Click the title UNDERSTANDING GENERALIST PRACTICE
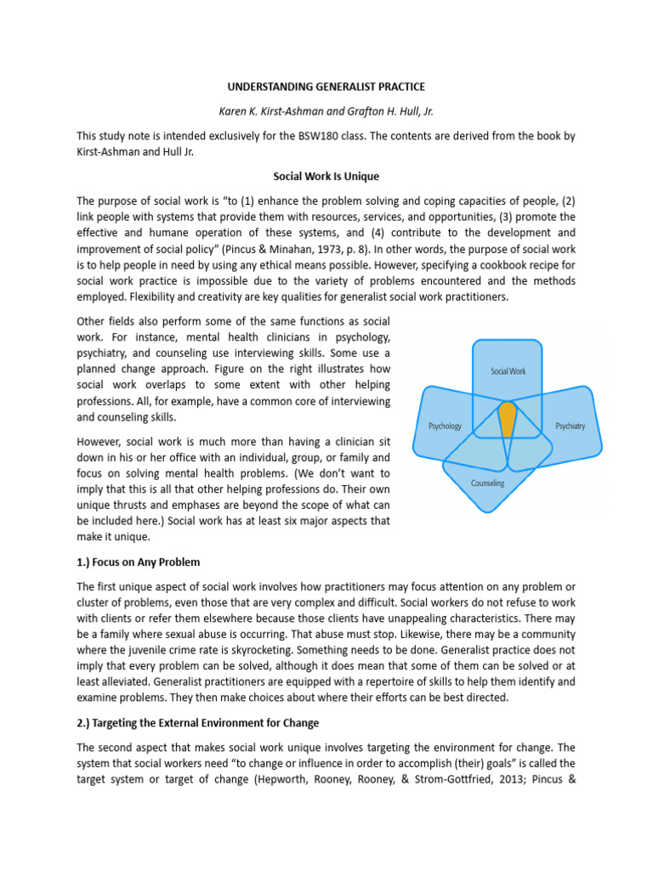pyautogui.click(x=326, y=88)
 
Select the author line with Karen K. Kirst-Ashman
pyautogui.click(x=326, y=110)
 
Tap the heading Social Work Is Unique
pyautogui.click(x=326, y=177)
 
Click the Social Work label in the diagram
pyautogui.click(x=508, y=371)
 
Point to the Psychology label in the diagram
pyautogui.click(x=445, y=426)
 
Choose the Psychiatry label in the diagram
pyautogui.click(x=570, y=426)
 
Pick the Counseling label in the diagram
pyautogui.click(x=488, y=483)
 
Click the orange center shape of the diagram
pyautogui.click(x=508, y=418)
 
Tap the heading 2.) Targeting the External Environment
pyautogui.click(x=198, y=723)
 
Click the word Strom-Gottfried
pyautogui.click(x=446, y=779)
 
